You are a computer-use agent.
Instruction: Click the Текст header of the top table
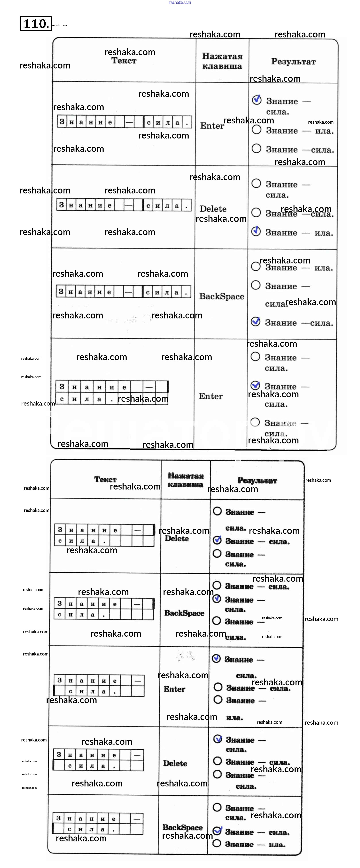124,61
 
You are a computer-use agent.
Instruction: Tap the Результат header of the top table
293,62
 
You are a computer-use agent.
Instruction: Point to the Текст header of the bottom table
105,479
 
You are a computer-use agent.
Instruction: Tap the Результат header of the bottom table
257,480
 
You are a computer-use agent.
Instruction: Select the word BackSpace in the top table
222,296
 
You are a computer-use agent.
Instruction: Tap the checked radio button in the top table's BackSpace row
255,322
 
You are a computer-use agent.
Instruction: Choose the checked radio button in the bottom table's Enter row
216,658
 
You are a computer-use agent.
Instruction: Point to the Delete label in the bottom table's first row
176,538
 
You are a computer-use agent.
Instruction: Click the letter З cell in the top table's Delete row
61,205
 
